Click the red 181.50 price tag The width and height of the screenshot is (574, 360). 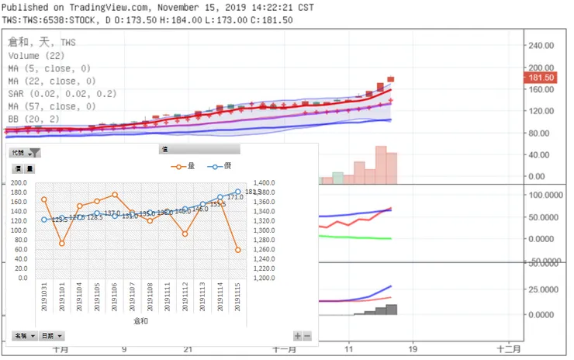541,78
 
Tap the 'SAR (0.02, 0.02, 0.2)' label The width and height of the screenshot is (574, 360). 62,94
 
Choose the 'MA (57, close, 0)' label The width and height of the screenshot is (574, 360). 52,106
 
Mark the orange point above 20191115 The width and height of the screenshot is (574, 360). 237,250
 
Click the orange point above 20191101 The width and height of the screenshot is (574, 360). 62,243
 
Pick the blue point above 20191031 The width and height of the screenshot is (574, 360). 44,220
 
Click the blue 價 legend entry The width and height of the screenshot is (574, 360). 220,165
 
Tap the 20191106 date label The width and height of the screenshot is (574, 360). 115,296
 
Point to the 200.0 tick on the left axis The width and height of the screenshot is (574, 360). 19,183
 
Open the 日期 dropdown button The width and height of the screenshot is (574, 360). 52,336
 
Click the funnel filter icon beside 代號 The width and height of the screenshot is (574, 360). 34,153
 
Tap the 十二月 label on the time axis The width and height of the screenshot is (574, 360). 507,349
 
